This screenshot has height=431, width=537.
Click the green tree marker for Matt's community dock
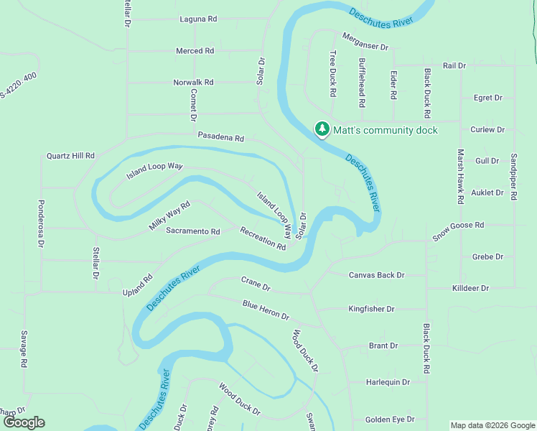(322, 129)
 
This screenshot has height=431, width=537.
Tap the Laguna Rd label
(198, 19)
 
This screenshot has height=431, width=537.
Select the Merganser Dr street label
(365, 42)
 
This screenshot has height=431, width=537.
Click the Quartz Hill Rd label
(70, 155)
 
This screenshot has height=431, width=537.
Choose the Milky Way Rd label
(169, 215)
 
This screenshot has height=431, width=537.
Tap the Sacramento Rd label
(192, 231)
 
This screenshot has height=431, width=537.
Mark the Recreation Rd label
(263, 238)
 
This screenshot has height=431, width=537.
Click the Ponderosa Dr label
(41, 223)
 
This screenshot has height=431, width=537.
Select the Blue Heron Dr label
(266, 310)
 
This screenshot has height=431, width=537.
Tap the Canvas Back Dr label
(377, 275)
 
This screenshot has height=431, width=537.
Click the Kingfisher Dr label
(371, 309)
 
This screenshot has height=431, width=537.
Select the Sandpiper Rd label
(513, 176)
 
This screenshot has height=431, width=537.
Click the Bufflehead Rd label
(362, 83)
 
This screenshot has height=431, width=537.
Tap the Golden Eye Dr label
(390, 420)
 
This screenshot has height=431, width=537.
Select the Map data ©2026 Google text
(492, 425)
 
